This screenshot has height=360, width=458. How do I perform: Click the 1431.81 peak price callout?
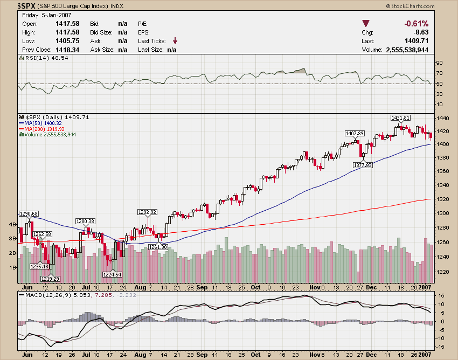click(x=400, y=117)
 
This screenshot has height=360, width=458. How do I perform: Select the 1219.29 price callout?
click(x=50, y=278)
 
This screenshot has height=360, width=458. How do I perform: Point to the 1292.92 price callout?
click(x=147, y=212)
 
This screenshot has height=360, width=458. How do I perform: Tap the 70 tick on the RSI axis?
click(x=440, y=73)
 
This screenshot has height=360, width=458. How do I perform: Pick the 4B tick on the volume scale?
click(x=11, y=224)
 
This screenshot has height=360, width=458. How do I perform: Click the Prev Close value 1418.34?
click(x=67, y=50)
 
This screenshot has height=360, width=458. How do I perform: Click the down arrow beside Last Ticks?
click(x=175, y=41)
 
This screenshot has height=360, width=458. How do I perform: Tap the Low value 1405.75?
click(x=67, y=41)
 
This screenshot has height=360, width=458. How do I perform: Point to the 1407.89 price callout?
click(x=355, y=133)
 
